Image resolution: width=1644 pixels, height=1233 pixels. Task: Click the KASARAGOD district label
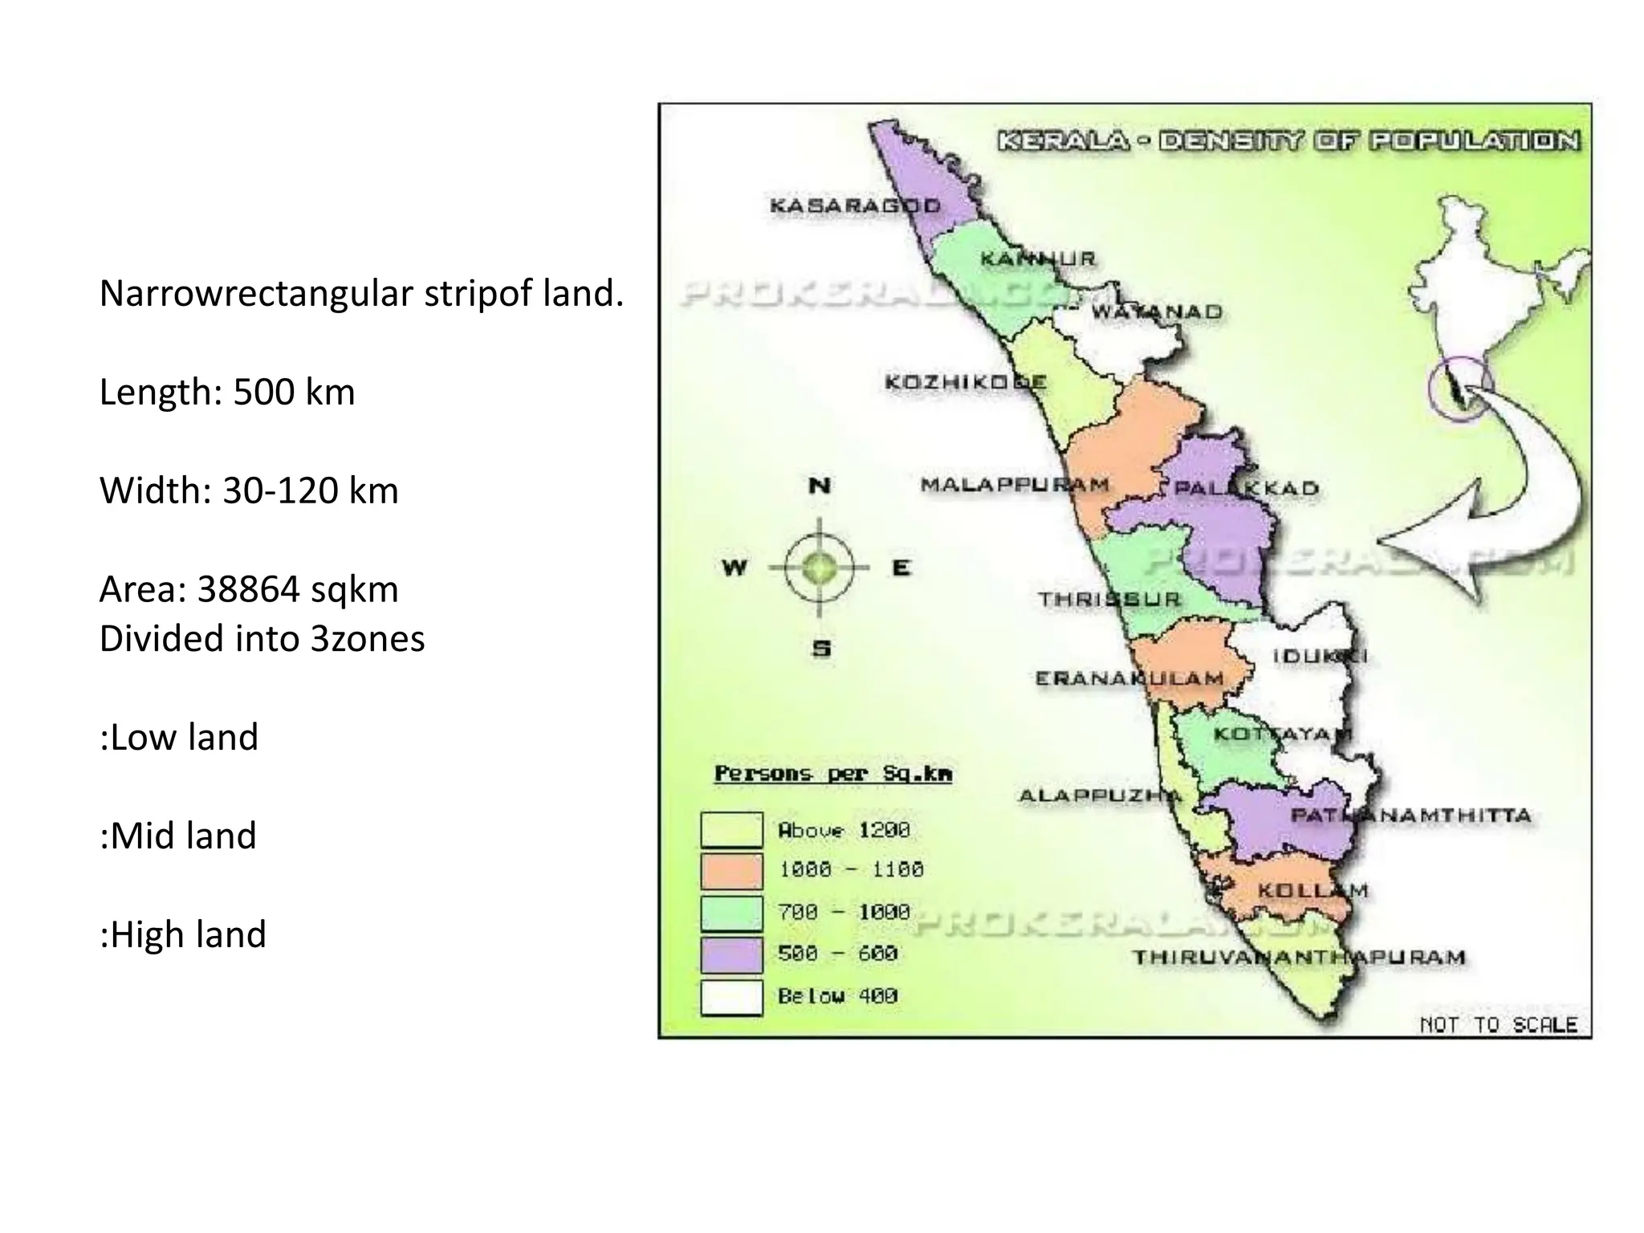pos(855,205)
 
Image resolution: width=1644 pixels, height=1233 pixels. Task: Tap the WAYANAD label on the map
pos(1156,311)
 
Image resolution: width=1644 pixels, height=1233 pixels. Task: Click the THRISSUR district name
pos(1109,599)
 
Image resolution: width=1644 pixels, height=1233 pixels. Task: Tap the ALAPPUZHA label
pos(1100,796)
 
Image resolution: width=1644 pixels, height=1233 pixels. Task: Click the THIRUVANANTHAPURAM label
pos(1299,957)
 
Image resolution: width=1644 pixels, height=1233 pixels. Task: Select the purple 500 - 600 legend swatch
pos(731,954)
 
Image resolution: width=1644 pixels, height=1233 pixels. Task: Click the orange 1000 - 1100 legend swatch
pos(731,870)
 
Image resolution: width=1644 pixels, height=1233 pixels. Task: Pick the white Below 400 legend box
pos(731,997)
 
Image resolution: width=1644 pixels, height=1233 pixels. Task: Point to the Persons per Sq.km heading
pos(833,774)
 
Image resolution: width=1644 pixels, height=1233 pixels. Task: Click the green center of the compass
pos(820,568)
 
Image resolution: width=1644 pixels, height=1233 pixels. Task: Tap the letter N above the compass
pos(819,486)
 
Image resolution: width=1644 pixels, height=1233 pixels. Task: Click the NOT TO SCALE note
pos(1498,1025)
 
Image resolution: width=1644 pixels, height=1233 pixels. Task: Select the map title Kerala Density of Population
pos(1288,141)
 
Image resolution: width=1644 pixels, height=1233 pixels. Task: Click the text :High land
pos(183,934)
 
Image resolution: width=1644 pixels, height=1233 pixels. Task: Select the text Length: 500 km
pos(227,392)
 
